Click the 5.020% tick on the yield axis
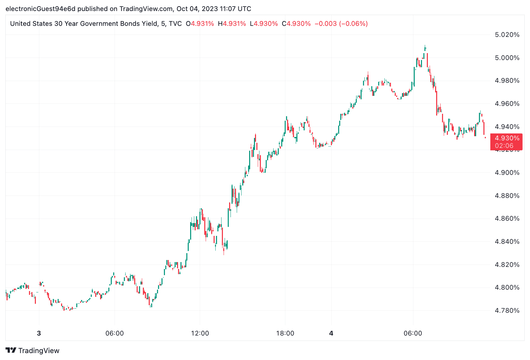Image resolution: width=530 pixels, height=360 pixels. point(507,34)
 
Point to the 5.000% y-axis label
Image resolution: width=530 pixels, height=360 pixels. point(507,58)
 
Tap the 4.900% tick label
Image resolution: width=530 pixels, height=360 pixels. point(507,172)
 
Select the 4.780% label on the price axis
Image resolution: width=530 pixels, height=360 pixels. point(507,310)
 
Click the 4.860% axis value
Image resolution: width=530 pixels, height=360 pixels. point(507,218)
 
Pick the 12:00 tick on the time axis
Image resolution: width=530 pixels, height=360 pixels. point(200,333)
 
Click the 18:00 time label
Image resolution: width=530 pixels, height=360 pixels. point(285,333)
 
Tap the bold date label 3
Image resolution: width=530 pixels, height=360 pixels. point(39,333)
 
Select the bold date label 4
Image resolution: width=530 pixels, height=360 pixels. point(331,333)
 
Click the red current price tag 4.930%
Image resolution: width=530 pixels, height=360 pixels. point(507,138)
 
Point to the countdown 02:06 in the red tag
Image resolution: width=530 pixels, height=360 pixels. point(504,146)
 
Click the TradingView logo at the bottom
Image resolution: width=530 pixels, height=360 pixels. point(32,351)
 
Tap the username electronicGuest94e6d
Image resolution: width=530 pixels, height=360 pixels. point(40,9)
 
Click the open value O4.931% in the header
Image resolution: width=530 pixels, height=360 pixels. point(200,24)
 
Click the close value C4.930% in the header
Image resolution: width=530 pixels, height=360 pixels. point(296,24)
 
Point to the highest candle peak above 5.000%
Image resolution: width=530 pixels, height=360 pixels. point(425,46)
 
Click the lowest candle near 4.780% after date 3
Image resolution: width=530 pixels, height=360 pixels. point(64,309)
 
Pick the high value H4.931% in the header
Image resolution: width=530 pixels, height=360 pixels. point(232,24)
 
